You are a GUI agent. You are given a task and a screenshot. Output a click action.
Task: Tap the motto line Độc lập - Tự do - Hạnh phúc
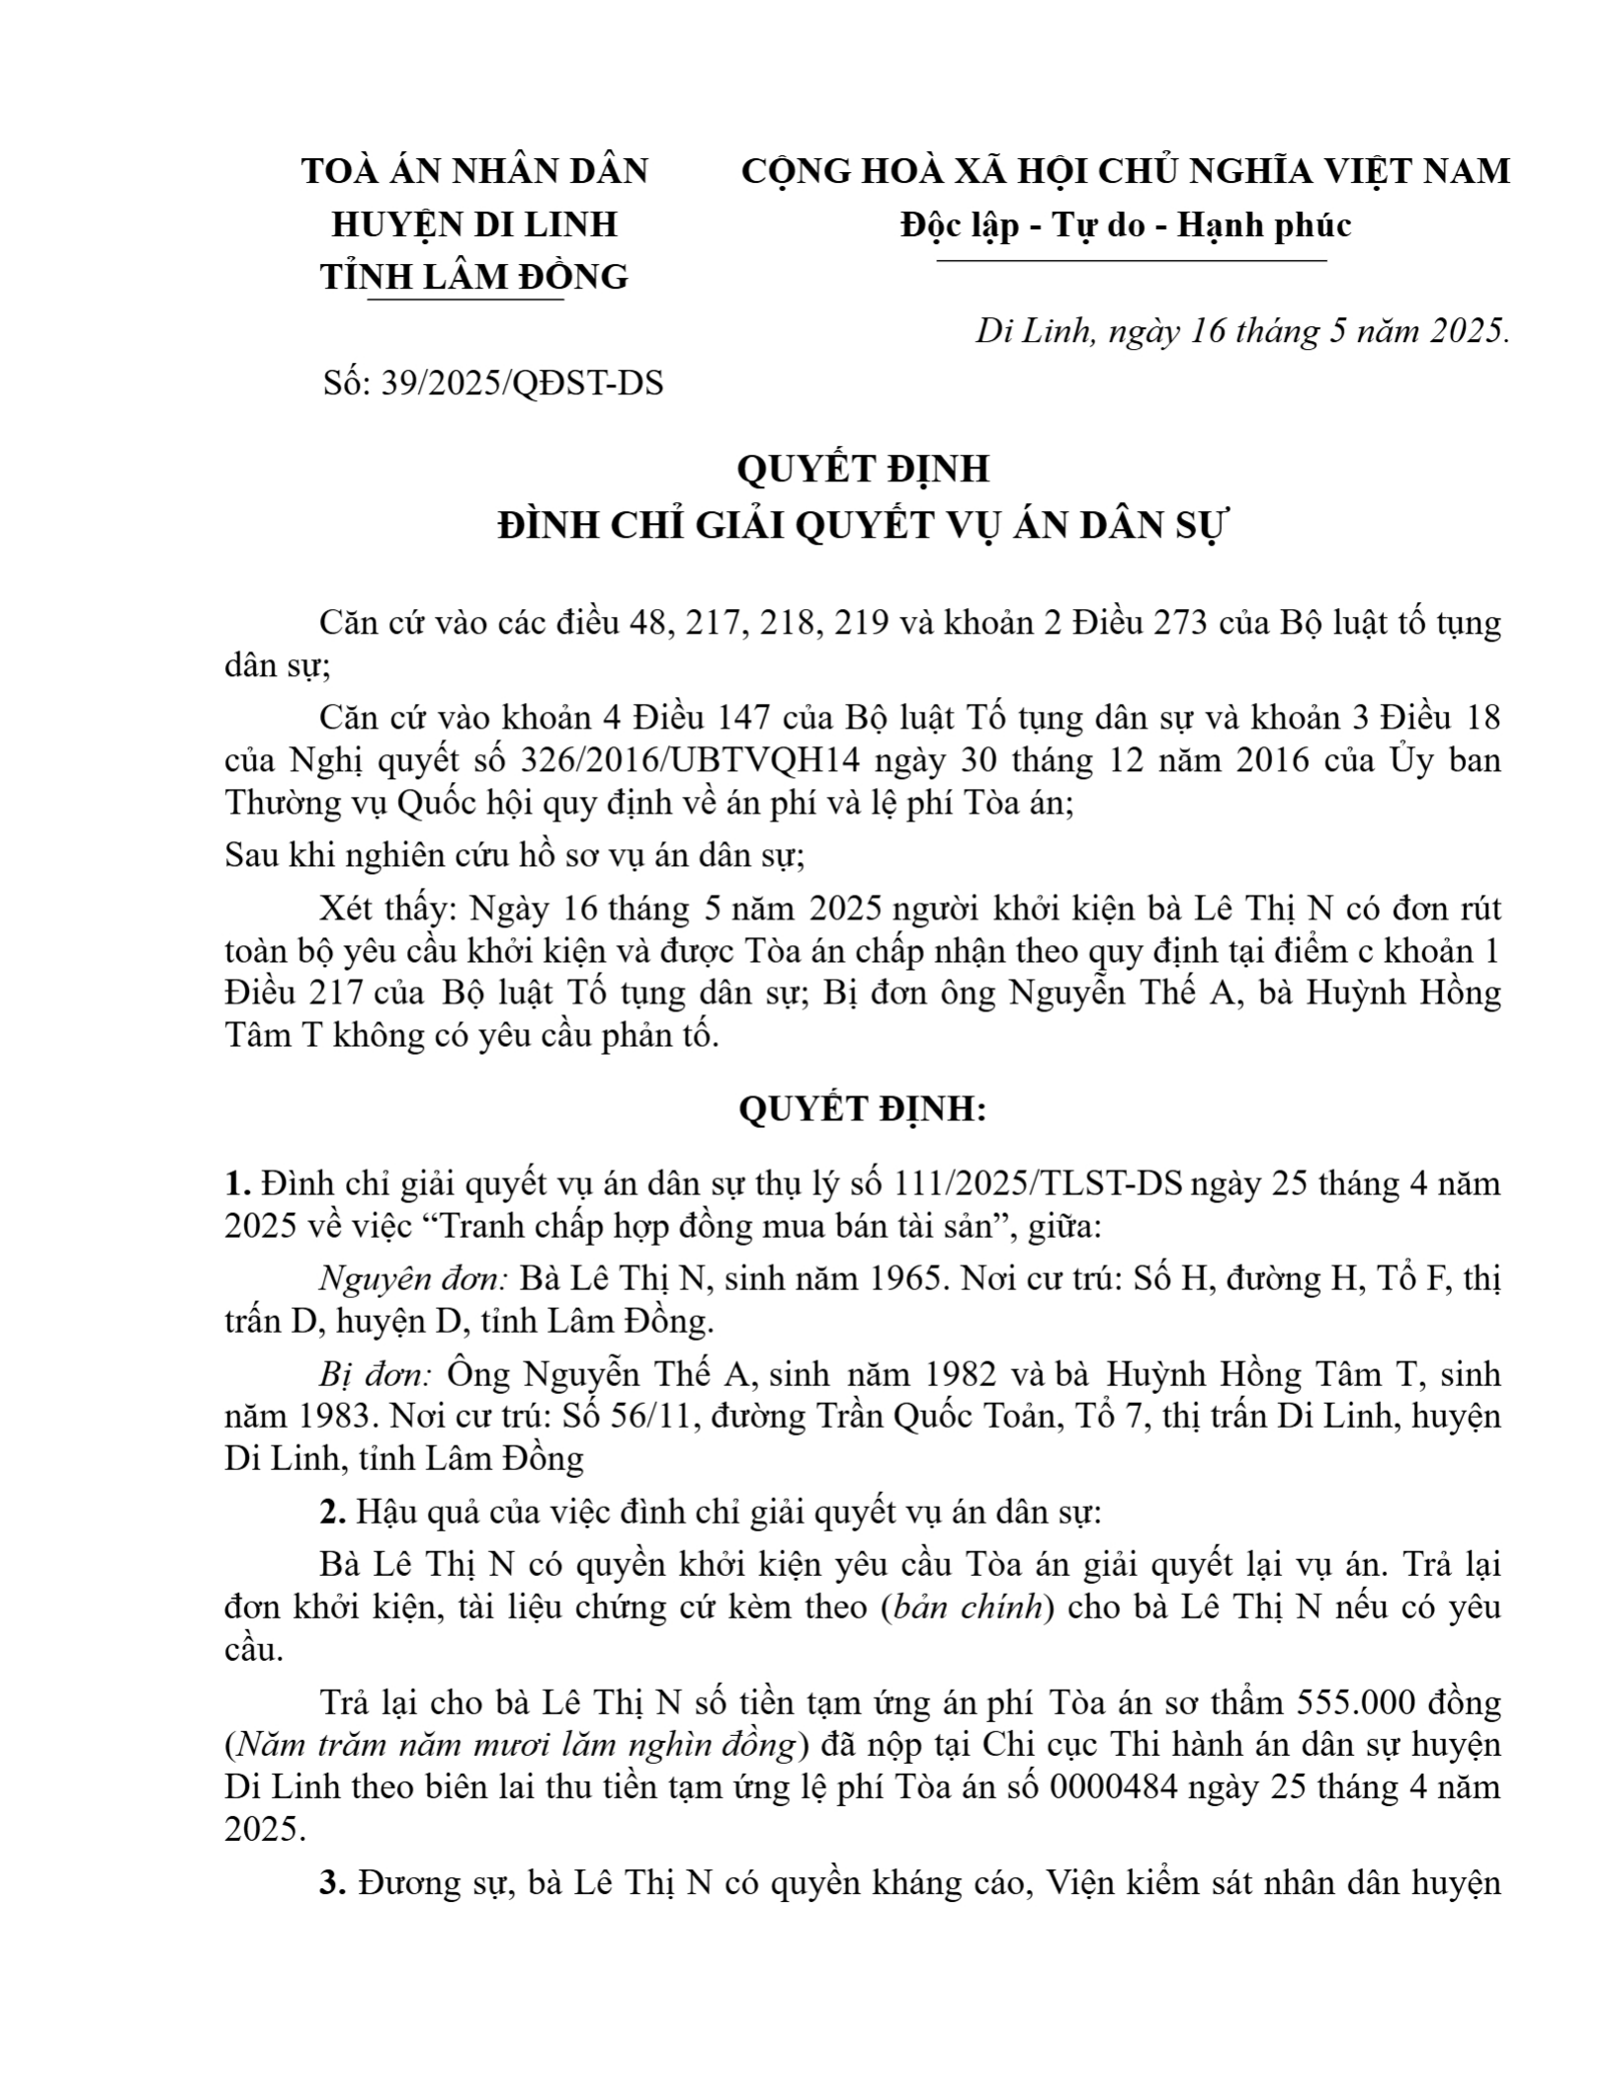1125,225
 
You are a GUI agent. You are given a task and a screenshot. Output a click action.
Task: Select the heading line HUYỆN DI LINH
474,224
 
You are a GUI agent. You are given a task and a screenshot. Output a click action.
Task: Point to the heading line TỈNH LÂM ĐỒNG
474,277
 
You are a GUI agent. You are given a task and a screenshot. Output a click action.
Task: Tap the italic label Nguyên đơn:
414,1279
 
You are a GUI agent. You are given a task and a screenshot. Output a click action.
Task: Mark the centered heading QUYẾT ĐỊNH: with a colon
863,1110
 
